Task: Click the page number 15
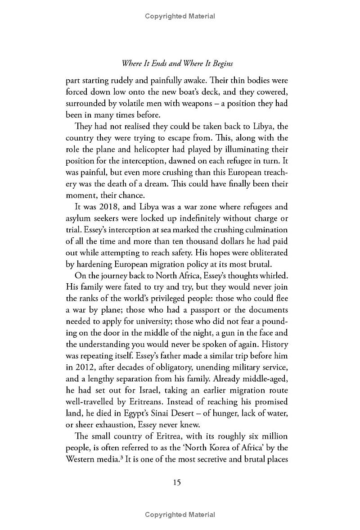point(177,482)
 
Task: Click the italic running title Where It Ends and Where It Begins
point(180,64)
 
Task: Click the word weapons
point(175,103)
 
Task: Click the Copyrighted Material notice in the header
point(180,16)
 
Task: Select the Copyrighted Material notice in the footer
point(180,515)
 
